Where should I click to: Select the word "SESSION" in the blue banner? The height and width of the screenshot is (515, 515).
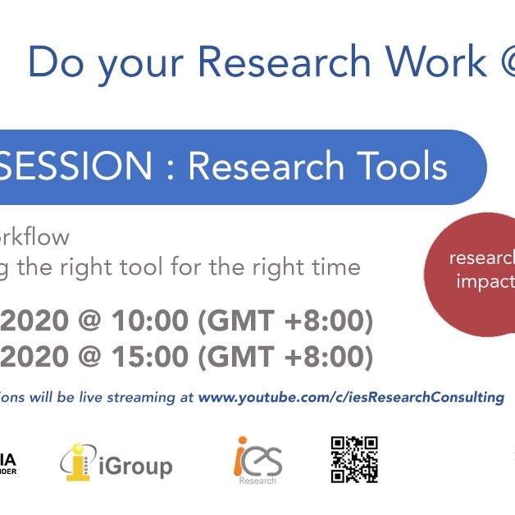click(x=77, y=167)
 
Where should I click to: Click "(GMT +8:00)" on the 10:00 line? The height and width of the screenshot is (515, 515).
click(x=285, y=322)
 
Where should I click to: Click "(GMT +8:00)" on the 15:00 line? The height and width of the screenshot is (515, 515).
click(x=285, y=357)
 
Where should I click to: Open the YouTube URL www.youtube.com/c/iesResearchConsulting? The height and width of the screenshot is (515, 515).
click(x=351, y=397)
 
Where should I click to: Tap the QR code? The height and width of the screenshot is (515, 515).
click(x=354, y=459)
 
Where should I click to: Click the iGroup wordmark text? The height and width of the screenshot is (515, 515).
click(x=135, y=467)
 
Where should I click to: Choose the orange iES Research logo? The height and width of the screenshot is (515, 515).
click(x=257, y=460)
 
